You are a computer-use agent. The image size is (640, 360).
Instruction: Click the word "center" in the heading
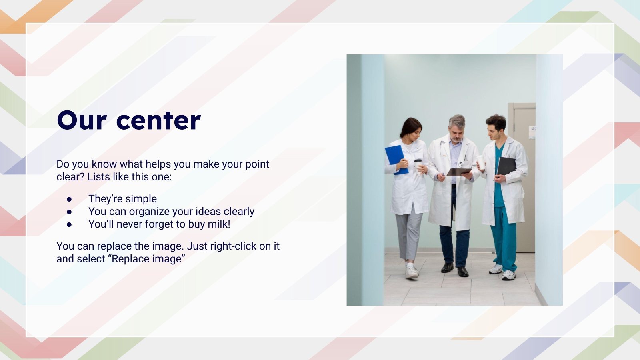pos(158,120)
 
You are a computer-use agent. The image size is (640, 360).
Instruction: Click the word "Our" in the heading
pos(82,120)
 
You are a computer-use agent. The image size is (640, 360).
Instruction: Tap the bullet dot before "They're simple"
pos(69,199)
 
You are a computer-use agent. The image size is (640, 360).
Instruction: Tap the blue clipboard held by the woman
pos(396,158)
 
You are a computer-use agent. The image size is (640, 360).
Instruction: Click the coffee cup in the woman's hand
pos(418,164)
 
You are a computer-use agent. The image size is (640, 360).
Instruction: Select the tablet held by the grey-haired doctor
pos(459,172)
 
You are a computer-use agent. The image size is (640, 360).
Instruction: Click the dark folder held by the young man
pos(506,166)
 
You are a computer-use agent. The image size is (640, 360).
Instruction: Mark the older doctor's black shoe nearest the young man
pos(463,272)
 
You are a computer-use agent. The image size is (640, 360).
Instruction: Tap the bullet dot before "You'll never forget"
pos(69,224)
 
